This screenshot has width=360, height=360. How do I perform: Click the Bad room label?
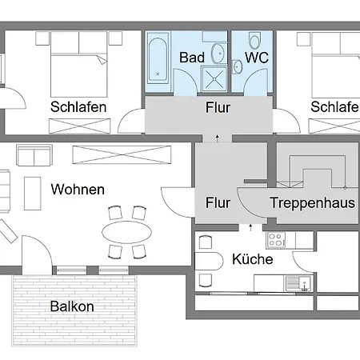192,58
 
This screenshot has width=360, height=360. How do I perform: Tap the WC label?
257,58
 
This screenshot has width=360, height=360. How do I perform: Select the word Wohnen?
78,190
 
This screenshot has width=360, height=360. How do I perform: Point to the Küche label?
253,259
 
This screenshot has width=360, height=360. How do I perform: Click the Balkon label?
72,306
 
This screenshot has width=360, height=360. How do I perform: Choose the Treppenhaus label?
312,202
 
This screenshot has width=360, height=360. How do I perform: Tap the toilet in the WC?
254,40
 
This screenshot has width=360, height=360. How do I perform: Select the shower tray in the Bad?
214,78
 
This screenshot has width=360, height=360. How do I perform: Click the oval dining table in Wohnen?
126,232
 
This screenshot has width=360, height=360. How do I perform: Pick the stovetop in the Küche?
276,239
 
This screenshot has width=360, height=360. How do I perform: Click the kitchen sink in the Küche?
298,283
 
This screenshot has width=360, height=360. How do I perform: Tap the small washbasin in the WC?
237,66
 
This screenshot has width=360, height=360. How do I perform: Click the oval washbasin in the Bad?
218,54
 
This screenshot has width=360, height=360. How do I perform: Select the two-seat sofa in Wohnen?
34,155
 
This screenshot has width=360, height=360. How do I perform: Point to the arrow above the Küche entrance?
250,227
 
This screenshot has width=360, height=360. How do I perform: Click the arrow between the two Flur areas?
218,138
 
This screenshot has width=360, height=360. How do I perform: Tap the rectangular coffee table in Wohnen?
33,194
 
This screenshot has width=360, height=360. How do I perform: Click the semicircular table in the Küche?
209,262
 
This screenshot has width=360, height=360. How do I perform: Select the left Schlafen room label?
78,107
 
